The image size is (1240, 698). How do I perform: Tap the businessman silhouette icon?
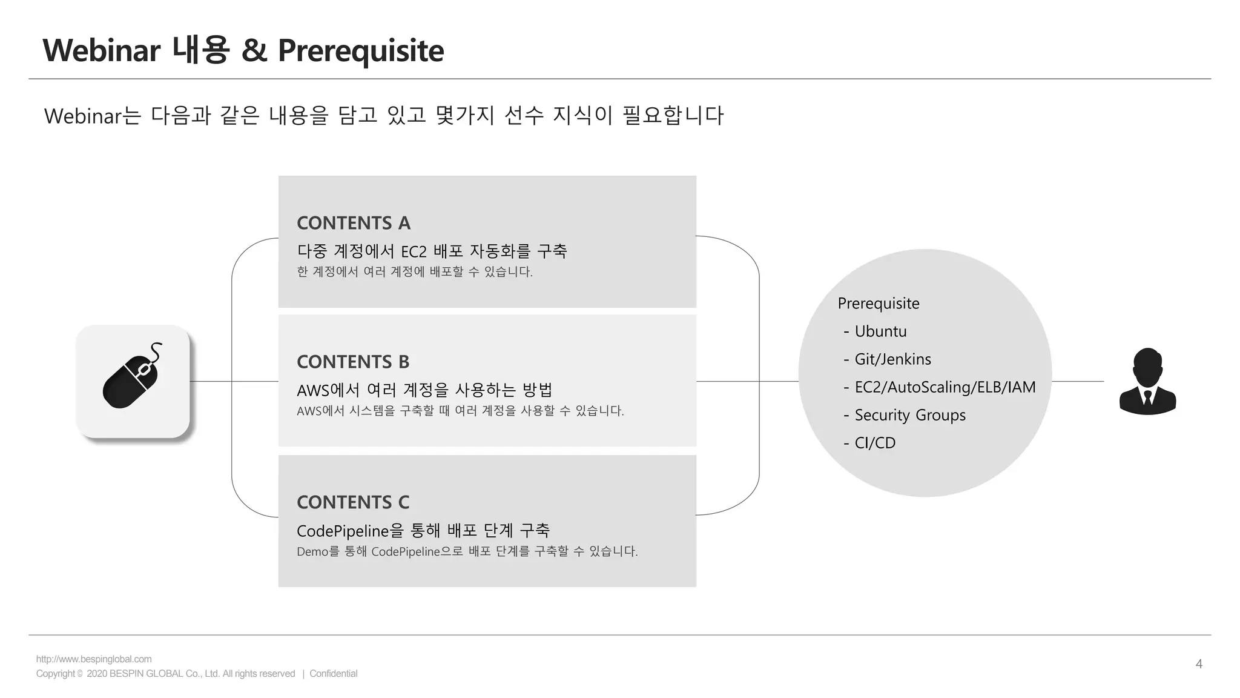coord(1147,381)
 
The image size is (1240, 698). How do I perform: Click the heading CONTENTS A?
coord(354,223)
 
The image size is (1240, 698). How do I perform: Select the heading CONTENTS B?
coord(353,362)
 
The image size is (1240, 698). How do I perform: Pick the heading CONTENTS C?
coord(353,502)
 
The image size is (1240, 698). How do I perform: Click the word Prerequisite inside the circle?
coord(878,304)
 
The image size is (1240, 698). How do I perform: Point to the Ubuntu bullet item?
coord(880,331)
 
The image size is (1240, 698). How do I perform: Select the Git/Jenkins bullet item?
coord(892,359)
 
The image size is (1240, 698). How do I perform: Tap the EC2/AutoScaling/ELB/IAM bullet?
coord(945,387)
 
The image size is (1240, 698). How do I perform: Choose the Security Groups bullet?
coord(909,415)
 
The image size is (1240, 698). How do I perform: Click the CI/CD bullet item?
coord(875,443)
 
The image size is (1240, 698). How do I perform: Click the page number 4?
coord(1199,664)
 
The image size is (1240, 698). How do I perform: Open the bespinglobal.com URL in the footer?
coord(94,659)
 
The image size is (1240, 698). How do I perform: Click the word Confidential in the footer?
coord(333,674)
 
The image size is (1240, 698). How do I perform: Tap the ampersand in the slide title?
coord(254,51)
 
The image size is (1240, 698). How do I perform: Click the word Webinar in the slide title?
coord(101,51)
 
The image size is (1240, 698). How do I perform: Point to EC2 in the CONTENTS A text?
coord(414,251)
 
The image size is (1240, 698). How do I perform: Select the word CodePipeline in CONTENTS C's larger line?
coord(343,531)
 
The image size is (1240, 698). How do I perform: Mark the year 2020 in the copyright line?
coord(97,674)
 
